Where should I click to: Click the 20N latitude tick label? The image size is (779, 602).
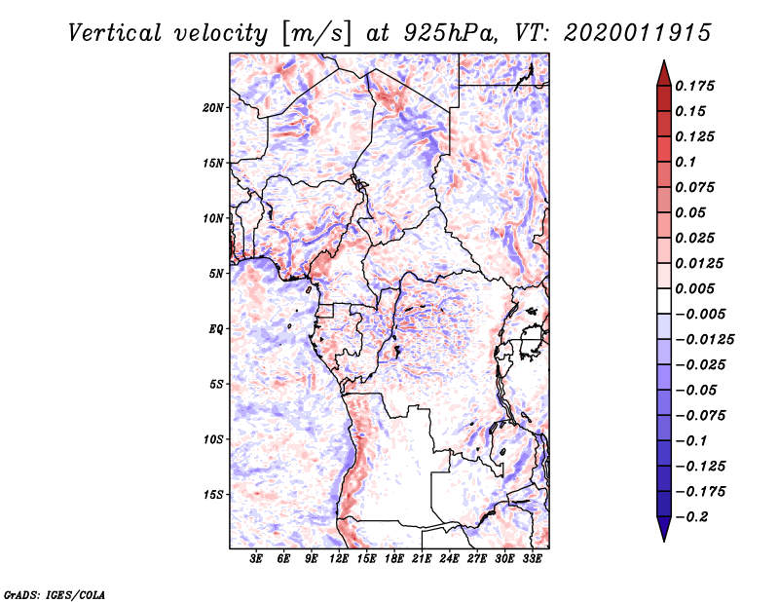click(x=213, y=108)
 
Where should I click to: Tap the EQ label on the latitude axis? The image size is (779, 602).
click(x=215, y=329)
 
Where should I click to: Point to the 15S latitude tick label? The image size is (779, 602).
click(x=213, y=495)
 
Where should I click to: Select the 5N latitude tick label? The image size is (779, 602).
click(x=216, y=274)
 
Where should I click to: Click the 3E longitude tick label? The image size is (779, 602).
click(x=256, y=559)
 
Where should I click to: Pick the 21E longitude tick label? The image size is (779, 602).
click(x=422, y=559)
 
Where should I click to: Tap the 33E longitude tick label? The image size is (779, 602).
click(x=532, y=559)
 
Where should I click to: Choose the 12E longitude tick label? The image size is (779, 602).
click(x=339, y=559)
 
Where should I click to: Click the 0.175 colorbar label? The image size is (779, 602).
click(x=694, y=86)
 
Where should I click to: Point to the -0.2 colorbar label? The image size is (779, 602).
click(x=691, y=517)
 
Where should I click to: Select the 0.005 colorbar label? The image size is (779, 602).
click(x=694, y=288)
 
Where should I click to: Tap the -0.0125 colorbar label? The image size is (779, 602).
click(x=704, y=340)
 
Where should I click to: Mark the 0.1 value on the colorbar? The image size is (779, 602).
click(x=686, y=162)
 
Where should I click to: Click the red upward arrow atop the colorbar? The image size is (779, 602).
click(x=664, y=73)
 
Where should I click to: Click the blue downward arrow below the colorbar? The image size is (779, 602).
click(x=664, y=529)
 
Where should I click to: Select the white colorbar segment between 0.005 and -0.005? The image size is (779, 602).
click(x=664, y=301)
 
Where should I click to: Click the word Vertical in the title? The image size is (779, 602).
click(x=115, y=33)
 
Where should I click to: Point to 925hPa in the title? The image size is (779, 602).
click(x=449, y=33)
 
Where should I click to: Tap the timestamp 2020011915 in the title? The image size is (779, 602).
click(x=638, y=33)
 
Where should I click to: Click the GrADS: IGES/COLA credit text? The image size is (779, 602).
click(x=55, y=594)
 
